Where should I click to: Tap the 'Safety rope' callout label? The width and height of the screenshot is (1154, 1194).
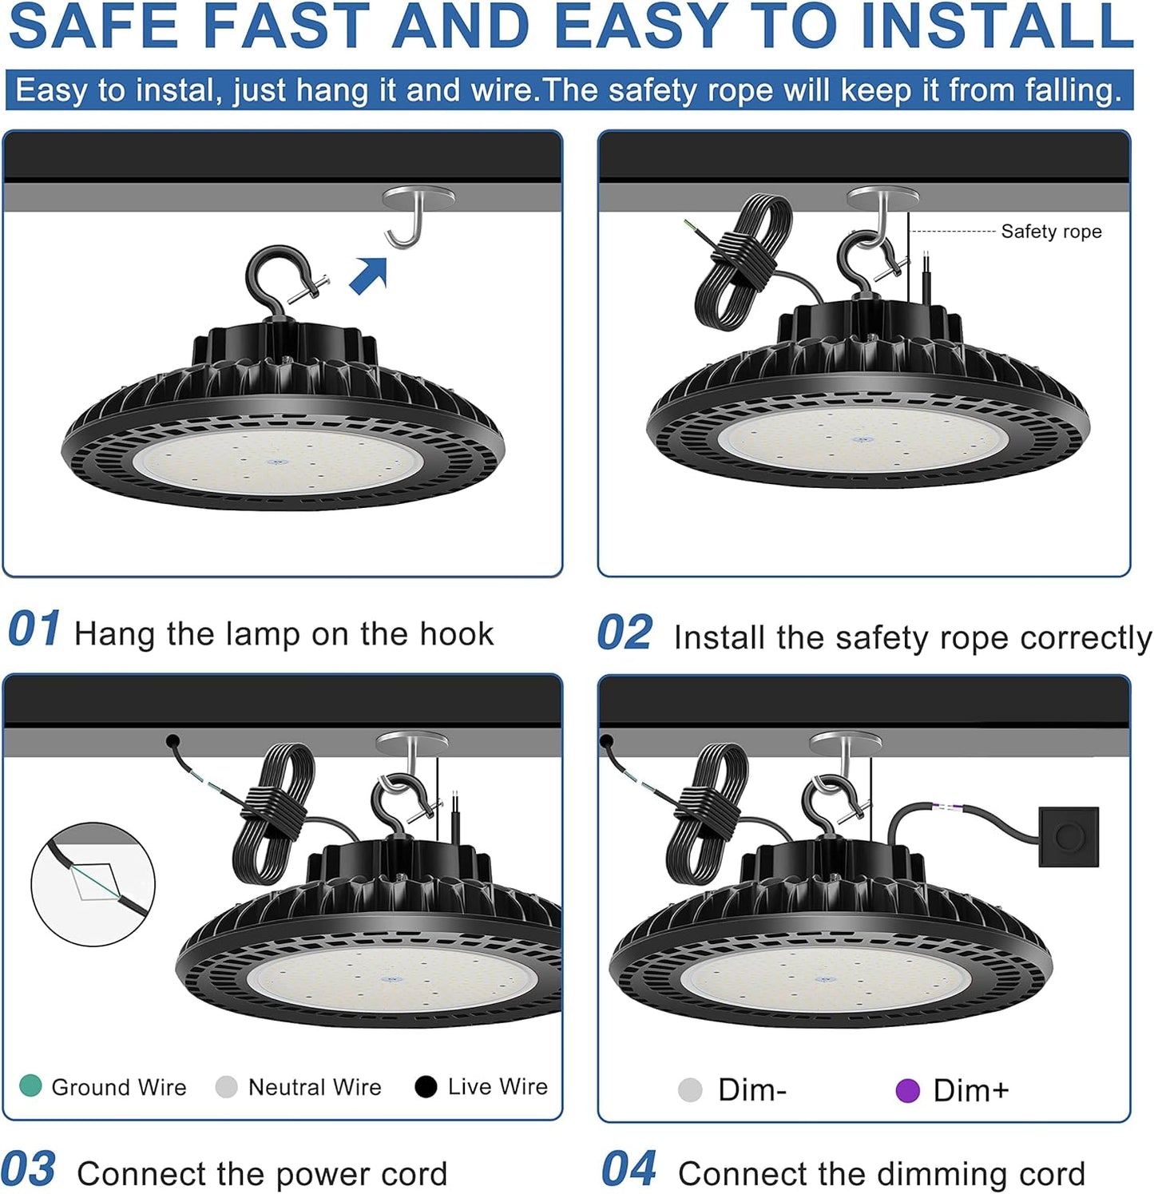click(x=1051, y=232)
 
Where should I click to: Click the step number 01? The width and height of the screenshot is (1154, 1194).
click(x=34, y=629)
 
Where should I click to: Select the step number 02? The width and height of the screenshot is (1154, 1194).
click(x=625, y=633)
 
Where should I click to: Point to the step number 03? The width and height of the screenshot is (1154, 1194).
click(x=29, y=1170)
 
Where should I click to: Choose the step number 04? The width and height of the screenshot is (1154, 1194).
click(x=629, y=1170)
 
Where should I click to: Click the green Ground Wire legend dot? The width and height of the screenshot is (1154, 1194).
click(x=30, y=1086)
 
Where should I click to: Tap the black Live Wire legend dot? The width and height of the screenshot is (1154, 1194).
click(x=426, y=1087)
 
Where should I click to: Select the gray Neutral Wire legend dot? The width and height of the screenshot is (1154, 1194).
click(x=227, y=1087)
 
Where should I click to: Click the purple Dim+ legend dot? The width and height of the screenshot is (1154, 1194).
click(x=907, y=1090)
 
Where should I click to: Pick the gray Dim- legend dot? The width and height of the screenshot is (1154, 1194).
click(x=690, y=1090)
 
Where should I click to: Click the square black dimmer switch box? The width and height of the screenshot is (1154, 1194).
click(x=1069, y=837)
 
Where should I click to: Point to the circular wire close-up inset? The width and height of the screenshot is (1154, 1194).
click(x=93, y=884)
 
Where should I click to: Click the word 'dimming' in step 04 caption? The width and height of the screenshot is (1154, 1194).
click(x=913, y=1174)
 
